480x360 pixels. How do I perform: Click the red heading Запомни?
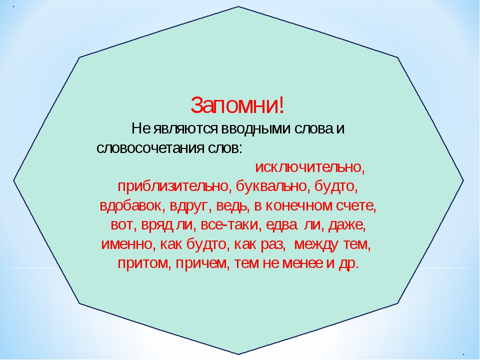pyautogui.click(x=237, y=105)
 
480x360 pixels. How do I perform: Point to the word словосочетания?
pyautogui.click(x=150, y=148)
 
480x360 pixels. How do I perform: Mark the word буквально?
pyautogui.click(x=271, y=186)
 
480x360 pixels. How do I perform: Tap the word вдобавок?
pyautogui.click(x=130, y=205)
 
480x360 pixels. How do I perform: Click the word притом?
pyautogui.click(x=144, y=263)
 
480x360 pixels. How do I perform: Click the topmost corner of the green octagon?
pyautogui.click(x=238, y=6)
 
